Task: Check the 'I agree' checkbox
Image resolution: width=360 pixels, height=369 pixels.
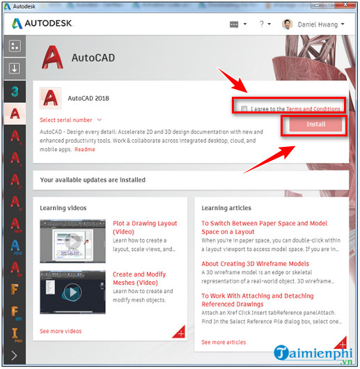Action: pyautogui.click(x=244, y=109)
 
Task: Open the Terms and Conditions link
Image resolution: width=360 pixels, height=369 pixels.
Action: pyautogui.click(x=313, y=109)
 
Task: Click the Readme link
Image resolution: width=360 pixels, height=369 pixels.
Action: pyautogui.click(x=85, y=150)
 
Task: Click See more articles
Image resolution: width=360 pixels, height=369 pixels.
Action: pyautogui.click(x=224, y=343)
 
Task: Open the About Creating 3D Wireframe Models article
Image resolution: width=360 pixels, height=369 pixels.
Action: pyautogui.click(x=255, y=264)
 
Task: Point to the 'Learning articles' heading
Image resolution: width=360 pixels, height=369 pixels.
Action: pyautogui.click(x=226, y=207)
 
